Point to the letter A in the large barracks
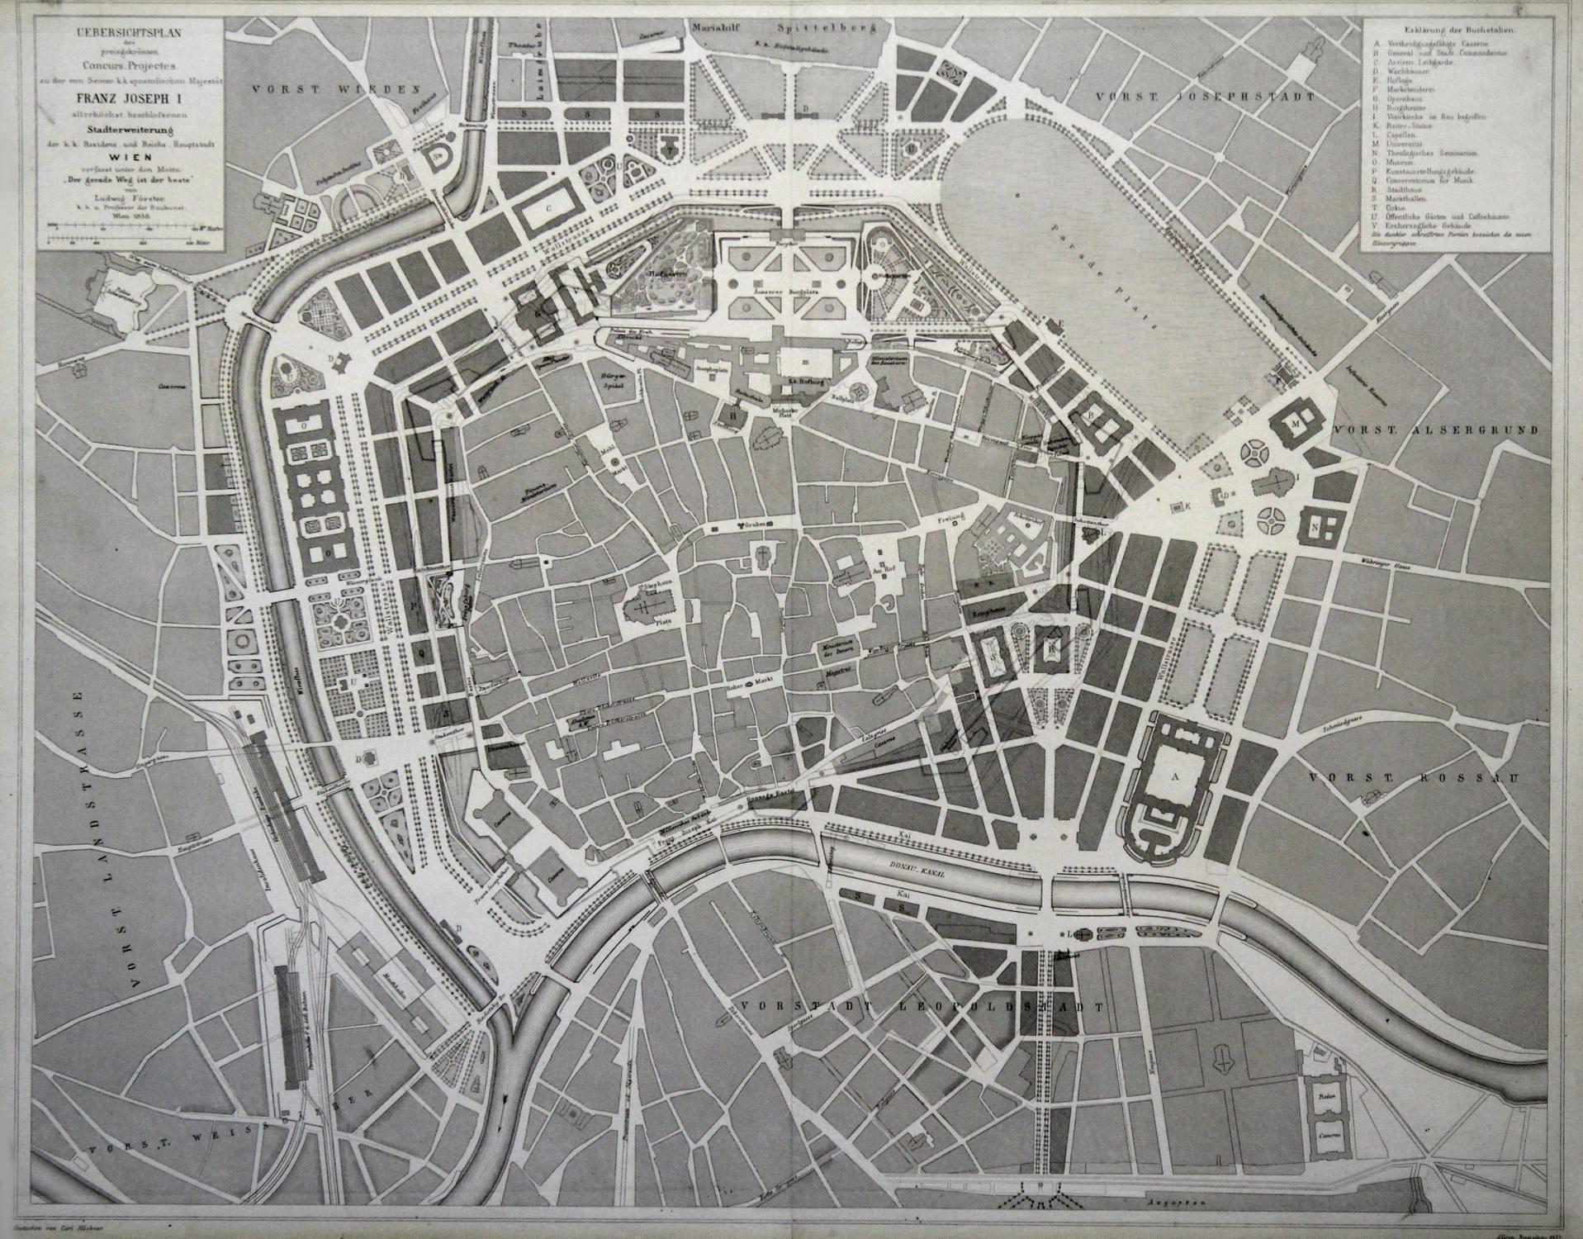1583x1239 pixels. coord(1170,776)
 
